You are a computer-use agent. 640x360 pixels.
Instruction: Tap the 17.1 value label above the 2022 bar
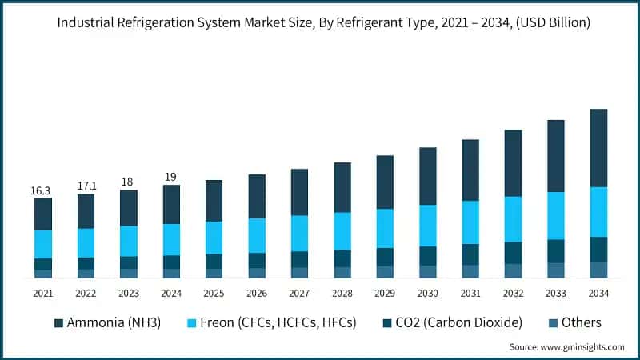click(86, 186)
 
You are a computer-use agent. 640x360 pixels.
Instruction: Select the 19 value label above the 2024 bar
click(170, 176)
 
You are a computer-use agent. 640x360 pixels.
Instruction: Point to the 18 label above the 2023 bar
click(128, 182)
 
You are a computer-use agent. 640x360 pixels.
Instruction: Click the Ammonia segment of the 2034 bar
click(598, 148)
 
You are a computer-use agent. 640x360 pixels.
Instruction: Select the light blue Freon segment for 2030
click(428, 225)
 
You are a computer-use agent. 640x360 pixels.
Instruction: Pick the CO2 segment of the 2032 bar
click(513, 253)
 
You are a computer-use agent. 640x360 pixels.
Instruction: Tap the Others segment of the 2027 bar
click(299, 273)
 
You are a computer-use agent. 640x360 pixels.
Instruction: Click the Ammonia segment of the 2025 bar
click(214, 201)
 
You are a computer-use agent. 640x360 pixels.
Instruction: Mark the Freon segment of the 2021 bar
click(43, 244)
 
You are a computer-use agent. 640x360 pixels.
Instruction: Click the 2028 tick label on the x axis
click(342, 294)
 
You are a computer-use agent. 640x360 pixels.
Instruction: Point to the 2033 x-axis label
click(555, 294)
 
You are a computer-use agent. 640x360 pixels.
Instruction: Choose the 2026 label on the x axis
click(256, 294)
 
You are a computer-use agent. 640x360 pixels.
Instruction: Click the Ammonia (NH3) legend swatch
click(58, 323)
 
